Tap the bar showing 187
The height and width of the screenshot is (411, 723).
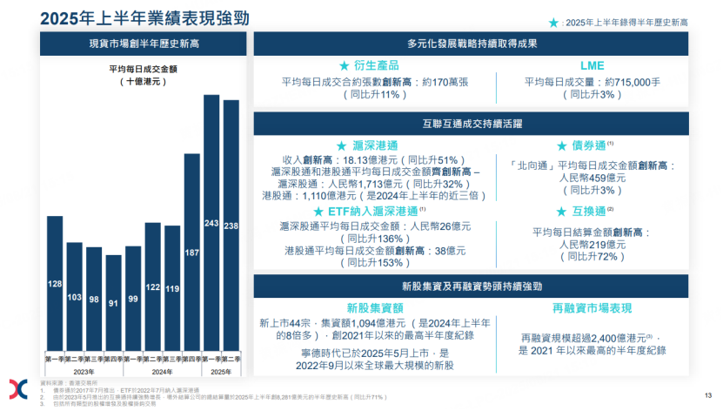[191, 252]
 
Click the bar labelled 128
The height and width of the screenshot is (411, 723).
[55, 283]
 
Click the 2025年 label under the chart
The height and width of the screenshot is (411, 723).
[221, 371]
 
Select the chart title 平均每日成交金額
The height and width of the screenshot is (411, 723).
[144, 67]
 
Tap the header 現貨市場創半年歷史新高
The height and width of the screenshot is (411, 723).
[144, 44]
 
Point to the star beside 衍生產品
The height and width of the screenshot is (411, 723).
[344, 66]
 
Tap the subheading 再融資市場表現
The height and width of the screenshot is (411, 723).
[592, 308]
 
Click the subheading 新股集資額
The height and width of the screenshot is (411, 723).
[375, 308]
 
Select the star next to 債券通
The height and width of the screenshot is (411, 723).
[562, 146]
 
